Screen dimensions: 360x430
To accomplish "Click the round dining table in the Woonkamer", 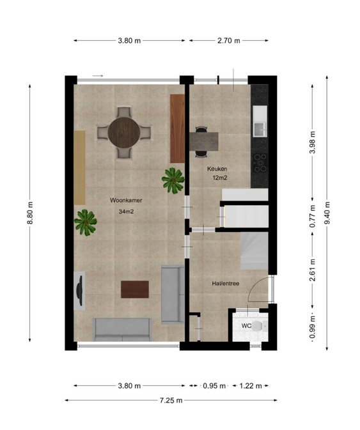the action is coord(124,133).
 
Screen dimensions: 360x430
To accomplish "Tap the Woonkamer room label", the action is coord(126,200).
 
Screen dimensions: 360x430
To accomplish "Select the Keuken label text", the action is coord(217,169).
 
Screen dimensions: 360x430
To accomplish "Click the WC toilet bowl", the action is coord(258,326).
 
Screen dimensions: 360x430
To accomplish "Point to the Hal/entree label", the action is coord(226,283).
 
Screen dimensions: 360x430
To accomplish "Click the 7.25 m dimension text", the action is coord(171,401).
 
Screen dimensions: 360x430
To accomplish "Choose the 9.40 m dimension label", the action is coord(327,213).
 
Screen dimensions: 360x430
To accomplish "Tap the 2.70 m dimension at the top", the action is coord(228,41).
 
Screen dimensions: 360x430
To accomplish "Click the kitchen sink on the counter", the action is coord(260,129).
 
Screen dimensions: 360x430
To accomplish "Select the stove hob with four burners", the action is coord(260,163).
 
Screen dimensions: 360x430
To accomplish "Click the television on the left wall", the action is coord(79,291).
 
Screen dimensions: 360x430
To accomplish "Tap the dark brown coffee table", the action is coord(135,289).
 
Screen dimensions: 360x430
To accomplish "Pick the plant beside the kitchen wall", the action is coord(173,180).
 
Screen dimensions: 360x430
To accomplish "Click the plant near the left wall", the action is coord(85,222).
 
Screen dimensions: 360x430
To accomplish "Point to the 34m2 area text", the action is coord(126,211).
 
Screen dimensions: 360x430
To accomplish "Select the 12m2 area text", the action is coord(220,178).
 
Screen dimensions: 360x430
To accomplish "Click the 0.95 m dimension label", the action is coord(214,386).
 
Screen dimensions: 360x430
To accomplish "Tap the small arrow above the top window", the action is coord(98,75).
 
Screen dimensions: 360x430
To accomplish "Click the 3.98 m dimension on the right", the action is coord(312,142).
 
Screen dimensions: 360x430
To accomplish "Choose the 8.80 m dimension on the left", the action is coord(30,213).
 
